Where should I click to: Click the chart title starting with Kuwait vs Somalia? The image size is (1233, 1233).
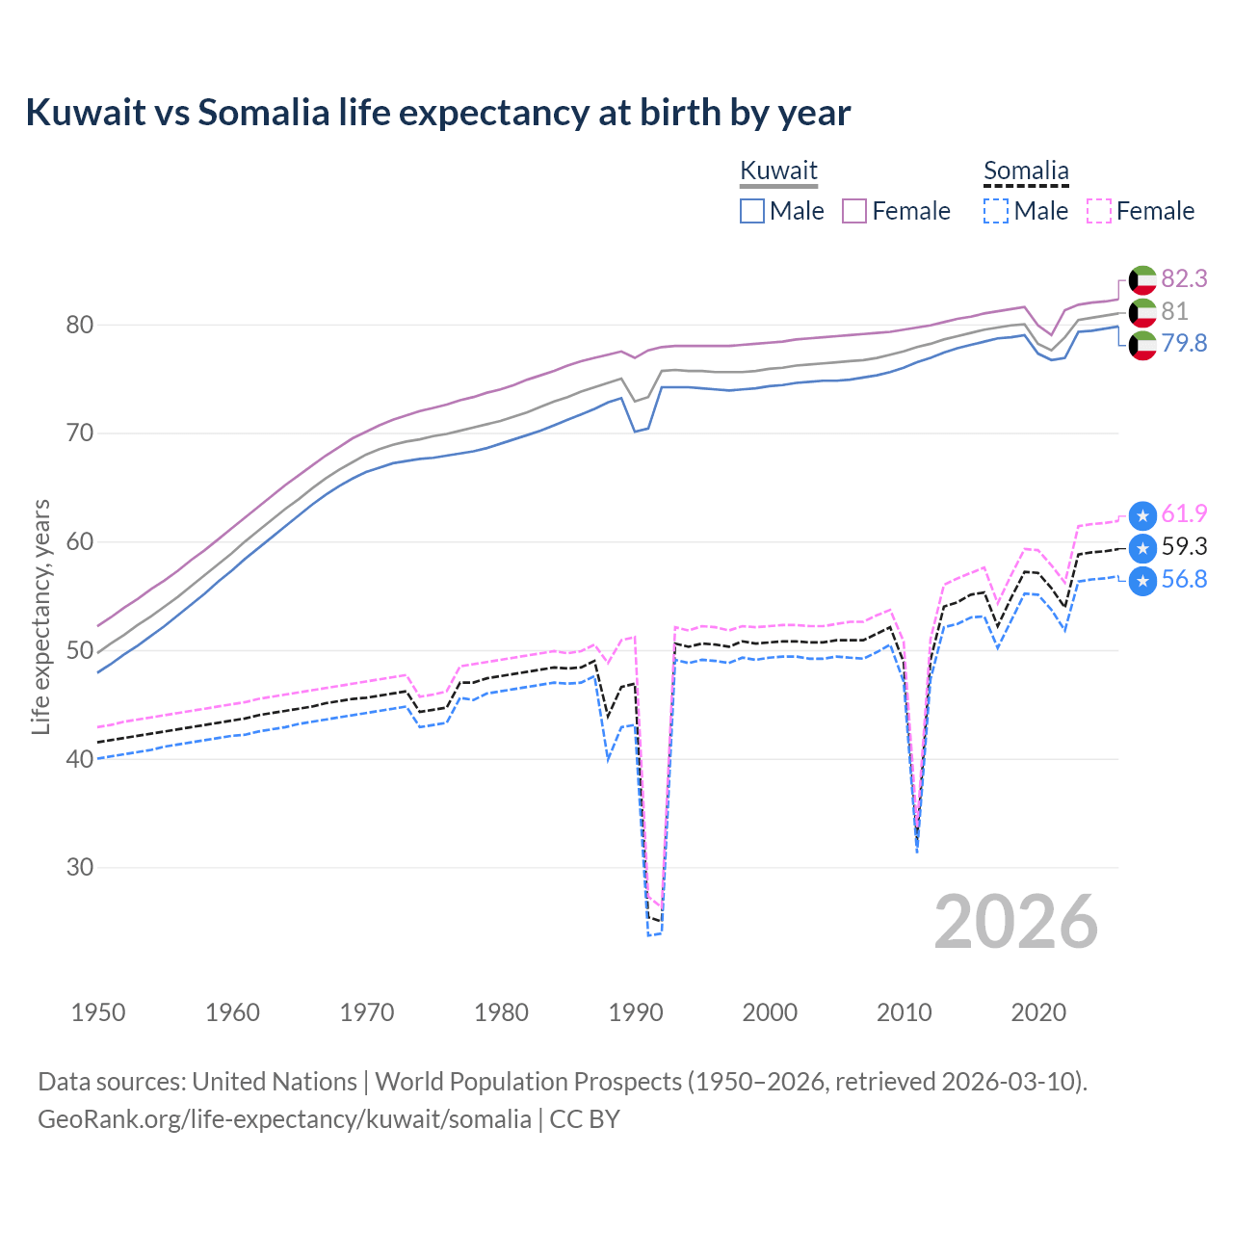[x=437, y=113]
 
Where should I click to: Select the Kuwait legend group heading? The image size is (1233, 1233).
[x=778, y=171]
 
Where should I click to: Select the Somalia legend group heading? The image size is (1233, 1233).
[x=1026, y=171]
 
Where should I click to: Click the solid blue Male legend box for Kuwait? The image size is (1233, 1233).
[x=752, y=211]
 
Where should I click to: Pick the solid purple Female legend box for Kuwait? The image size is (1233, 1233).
[x=854, y=211]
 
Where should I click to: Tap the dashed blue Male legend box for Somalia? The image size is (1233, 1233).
[x=996, y=211]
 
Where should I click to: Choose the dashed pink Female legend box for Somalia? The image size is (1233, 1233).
[x=1099, y=211]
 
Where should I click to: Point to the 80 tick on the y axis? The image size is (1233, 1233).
[x=80, y=325]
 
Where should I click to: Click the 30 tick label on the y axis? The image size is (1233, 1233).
[x=80, y=867]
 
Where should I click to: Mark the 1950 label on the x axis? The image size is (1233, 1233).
[x=98, y=1012]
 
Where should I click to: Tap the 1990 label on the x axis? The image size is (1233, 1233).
[x=636, y=1012]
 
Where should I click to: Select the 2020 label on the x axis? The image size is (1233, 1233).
[x=1038, y=1012]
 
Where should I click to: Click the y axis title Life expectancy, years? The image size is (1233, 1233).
[x=40, y=616]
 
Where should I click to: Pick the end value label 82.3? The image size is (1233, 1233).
[x=1184, y=278]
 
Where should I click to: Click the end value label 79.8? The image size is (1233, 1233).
[x=1184, y=344]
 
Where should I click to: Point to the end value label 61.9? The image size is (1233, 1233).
[x=1184, y=514]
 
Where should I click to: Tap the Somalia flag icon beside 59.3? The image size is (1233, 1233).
[x=1142, y=548]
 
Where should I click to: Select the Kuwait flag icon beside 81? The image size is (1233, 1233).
[x=1142, y=312]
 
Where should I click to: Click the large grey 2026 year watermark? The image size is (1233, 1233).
[x=1015, y=922]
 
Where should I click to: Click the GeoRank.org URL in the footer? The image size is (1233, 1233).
[x=284, y=1119]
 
